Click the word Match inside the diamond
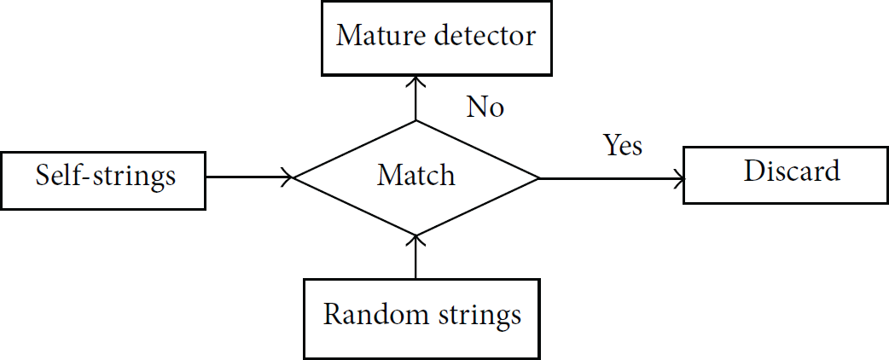click(x=416, y=175)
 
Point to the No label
click(x=485, y=107)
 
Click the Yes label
click(x=623, y=144)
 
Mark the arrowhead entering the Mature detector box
click(x=416, y=81)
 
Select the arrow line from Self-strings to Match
click(x=250, y=177)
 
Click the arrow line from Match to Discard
click(x=612, y=179)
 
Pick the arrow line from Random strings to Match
click(x=416, y=256)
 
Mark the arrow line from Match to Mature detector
click(x=416, y=98)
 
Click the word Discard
click(x=792, y=171)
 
